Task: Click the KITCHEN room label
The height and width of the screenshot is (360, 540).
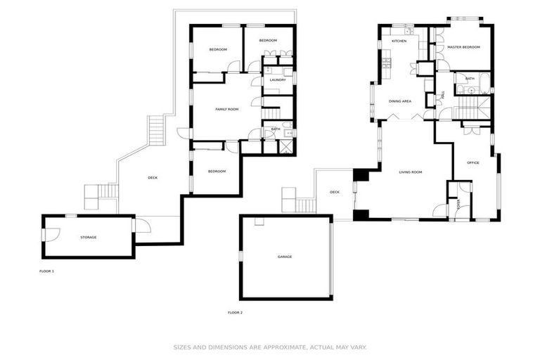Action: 399,41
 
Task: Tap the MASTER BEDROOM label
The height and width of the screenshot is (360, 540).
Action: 463,47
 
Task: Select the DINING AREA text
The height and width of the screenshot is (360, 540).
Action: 400,101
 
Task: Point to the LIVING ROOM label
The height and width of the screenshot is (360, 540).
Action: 410,172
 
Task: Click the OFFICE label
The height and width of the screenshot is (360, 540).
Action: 473,162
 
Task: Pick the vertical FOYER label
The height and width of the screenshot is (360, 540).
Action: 458,205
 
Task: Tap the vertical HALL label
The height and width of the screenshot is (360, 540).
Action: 443,95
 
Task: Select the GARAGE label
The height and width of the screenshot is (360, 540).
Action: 285,257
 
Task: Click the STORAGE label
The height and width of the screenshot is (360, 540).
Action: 88,237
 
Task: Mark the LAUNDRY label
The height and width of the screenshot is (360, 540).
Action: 277,79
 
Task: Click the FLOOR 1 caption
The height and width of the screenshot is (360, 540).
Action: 46,270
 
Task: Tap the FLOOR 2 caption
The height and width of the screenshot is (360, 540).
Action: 235,312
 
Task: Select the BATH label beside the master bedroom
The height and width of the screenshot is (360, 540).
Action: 470,78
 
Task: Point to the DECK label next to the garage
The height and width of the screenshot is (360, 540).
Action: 335,192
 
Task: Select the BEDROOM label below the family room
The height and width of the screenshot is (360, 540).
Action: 216,171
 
